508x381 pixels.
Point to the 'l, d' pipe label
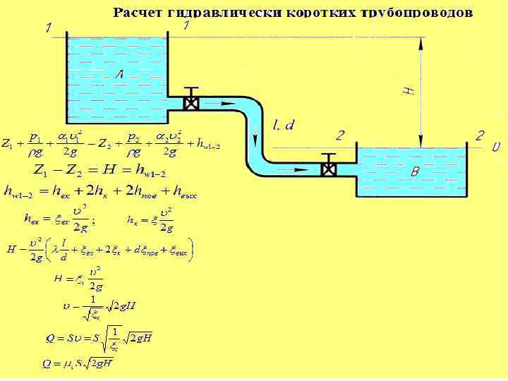coord(284,125)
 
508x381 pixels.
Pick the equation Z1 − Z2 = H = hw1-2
coord(99,169)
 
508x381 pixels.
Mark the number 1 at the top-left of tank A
coord(48,28)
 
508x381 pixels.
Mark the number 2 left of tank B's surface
coord(339,135)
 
